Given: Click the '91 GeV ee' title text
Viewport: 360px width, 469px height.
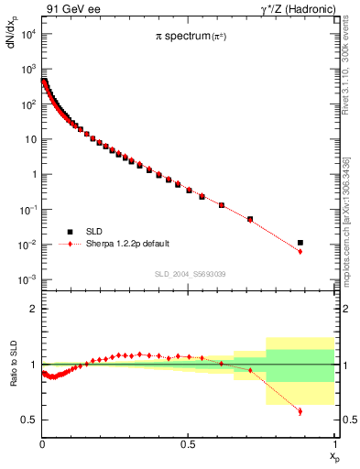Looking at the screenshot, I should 72,10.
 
